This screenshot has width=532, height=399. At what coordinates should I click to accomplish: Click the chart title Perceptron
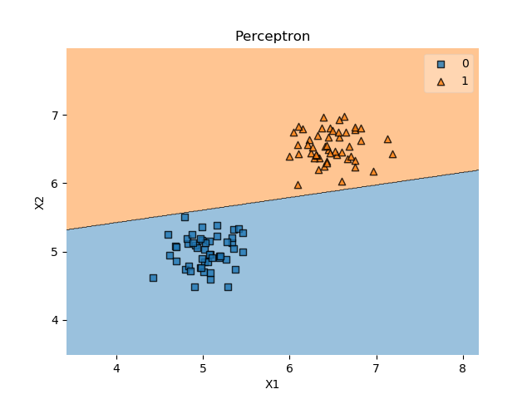click(272, 37)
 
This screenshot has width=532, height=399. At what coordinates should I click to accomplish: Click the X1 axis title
click(272, 384)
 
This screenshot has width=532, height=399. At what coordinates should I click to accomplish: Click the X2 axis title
click(39, 202)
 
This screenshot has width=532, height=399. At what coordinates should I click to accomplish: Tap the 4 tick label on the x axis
click(116, 368)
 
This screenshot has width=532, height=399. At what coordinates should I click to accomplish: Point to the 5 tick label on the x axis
click(203, 368)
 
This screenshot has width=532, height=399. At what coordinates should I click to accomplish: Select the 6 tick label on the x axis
click(289, 368)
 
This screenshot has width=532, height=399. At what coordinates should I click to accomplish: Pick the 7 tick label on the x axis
click(376, 368)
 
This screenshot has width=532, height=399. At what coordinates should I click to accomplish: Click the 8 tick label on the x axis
click(462, 368)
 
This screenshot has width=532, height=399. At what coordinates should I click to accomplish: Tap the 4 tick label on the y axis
click(56, 320)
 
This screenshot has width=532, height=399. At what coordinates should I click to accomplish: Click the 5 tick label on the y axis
click(56, 252)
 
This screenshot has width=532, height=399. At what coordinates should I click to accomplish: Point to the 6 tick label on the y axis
click(56, 184)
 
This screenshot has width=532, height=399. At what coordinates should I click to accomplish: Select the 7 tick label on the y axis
click(56, 116)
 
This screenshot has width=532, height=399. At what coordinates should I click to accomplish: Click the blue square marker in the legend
click(441, 64)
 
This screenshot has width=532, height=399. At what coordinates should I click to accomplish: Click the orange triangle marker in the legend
click(441, 81)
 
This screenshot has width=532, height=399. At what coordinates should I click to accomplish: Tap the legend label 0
click(465, 64)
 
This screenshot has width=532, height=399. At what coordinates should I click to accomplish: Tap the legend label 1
click(465, 81)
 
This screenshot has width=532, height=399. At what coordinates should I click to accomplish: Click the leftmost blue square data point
click(153, 278)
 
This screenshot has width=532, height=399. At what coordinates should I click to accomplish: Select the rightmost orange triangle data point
click(392, 154)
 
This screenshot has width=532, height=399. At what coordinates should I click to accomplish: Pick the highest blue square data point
click(185, 217)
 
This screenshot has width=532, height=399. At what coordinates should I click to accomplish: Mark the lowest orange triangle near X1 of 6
click(298, 185)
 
